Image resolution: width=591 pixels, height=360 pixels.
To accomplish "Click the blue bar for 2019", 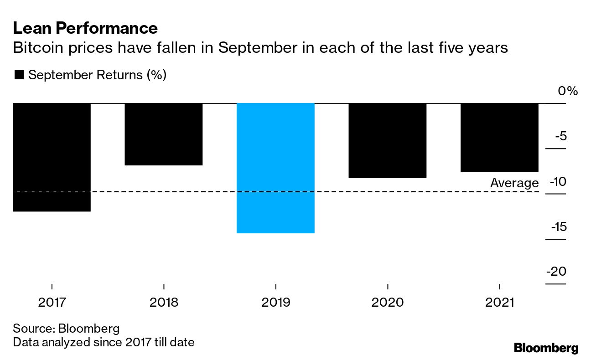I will (x=275, y=168).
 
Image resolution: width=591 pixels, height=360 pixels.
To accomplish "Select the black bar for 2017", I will (x=52, y=157).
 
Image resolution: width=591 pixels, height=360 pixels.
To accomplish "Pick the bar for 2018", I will (x=163, y=134).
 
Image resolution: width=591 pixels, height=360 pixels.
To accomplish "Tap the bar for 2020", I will (x=387, y=140).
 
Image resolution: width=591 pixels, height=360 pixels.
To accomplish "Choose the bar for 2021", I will (x=499, y=137).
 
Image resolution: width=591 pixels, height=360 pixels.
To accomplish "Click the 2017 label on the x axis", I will (x=52, y=302).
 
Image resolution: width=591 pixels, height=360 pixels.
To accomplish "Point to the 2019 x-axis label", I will (x=275, y=302).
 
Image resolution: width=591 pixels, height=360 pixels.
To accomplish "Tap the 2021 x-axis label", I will (x=499, y=302).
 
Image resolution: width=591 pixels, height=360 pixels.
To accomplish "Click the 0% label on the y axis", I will (x=568, y=91).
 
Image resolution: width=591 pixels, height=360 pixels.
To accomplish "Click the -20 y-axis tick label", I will (x=556, y=272).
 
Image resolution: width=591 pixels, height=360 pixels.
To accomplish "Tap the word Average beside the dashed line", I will (x=514, y=183).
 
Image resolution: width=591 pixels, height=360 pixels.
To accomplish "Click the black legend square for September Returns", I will (x=19, y=75).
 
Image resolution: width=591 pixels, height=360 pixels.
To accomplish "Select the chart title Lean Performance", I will (x=85, y=29).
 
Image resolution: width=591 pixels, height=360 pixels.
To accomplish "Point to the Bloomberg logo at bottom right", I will (x=546, y=348).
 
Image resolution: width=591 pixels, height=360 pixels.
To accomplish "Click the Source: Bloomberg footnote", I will (x=66, y=328).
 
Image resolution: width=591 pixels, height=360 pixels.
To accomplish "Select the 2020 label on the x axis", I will (x=387, y=302).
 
